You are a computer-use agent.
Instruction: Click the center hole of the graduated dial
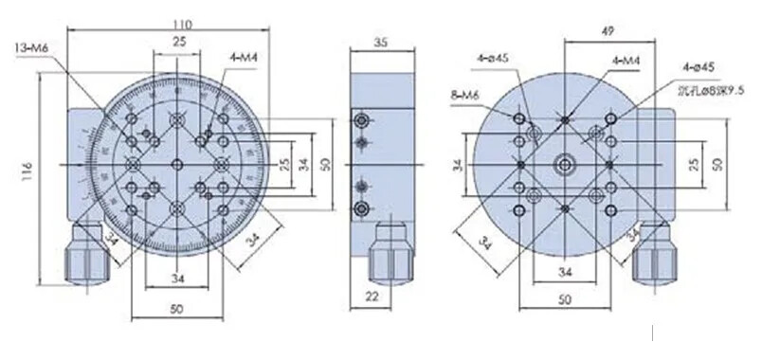(x=177, y=164)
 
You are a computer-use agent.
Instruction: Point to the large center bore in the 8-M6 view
(x=566, y=164)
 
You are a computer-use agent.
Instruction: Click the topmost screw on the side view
(x=360, y=121)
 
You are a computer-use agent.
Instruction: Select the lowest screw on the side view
(x=360, y=207)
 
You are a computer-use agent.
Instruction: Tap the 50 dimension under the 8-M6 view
(x=565, y=300)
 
